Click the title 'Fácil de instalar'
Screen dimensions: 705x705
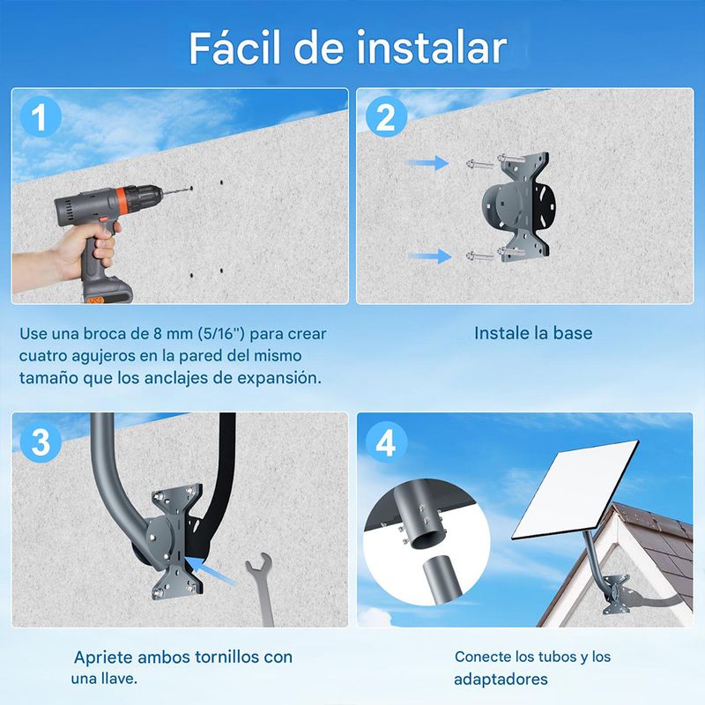pyautogui.click(x=348, y=48)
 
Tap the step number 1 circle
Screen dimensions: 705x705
pyautogui.click(x=41, y=117)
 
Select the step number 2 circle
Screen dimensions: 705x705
pyautogui.click(x=386, y=117)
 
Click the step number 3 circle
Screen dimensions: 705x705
pyautogui.click(x=41, y=442)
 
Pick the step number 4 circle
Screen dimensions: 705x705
pyautogui.click(x=386, y=442)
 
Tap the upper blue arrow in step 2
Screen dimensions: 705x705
pyautogui.click(x=427, y=163)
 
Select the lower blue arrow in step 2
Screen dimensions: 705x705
pyautogui.click(x=430, y=256)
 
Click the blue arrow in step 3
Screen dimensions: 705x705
pyautogui.click(x=211, y=571)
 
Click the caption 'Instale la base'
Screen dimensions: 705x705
pyautogui.click(x=533, y=333)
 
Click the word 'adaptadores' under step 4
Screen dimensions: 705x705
pyautogui.click(x=501, y=679)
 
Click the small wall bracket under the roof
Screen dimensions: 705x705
pyautogui.click(x=616, y=594)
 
